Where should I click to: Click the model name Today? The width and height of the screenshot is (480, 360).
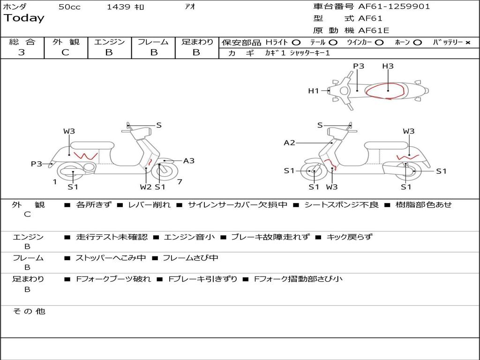[x=24, y=18]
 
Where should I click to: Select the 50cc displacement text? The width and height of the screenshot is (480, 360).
[x=69, y=7]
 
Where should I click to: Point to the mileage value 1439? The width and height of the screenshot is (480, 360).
[x=118, y=7]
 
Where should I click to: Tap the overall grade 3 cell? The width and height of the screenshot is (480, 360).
[x=22, y=52]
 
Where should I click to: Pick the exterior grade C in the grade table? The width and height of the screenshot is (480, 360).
[x=66, y=52]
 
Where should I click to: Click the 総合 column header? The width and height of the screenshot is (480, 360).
[x=22, y=42]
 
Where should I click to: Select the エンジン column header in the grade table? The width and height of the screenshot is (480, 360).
[x=109, y=42]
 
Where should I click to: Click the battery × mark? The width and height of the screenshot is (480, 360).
[x=467, y=42]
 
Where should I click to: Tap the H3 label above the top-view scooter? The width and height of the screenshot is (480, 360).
[x=388, y=66]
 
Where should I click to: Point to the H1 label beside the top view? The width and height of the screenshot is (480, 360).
[x=313, y=91]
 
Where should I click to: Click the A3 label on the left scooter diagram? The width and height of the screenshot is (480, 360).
[x=188, y=161]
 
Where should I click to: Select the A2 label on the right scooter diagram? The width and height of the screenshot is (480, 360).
[x=289, y=142]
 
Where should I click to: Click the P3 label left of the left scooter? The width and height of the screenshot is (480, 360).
[x=37, y=164]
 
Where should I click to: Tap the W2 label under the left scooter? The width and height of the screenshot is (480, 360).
[x=146, y=187]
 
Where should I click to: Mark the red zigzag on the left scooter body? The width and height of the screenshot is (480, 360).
[x=86, y=155]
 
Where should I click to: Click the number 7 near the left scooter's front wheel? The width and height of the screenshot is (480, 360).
[x=180, y=182]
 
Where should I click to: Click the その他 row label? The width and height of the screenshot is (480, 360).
[x=29, y=311]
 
